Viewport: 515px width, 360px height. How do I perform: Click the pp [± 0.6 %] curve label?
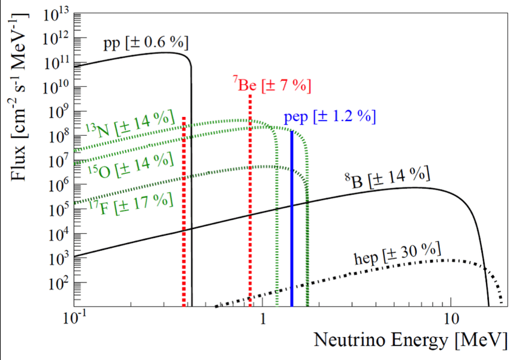click(146, 43)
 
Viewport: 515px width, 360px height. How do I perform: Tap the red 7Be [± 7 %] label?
click(272, 85)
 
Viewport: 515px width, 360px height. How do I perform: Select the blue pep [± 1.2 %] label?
click(330, 117)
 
